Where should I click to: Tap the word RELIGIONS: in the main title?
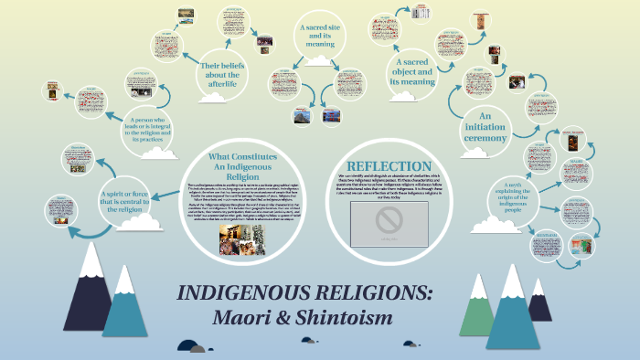[x=369, y=296]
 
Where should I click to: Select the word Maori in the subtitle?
[x=245, y=320]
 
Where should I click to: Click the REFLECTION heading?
[x=389, y=164]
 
